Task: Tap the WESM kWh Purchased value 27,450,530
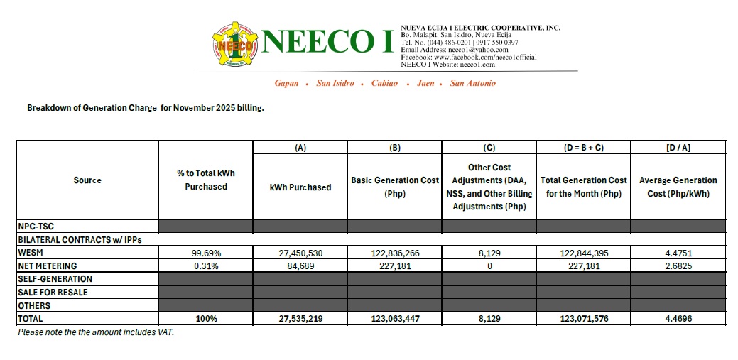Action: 300,253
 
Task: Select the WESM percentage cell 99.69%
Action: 206,253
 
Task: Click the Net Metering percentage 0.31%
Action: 206,266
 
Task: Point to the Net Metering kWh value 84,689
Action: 300,266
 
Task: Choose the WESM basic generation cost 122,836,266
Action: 395,253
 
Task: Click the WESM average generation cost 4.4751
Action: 678,253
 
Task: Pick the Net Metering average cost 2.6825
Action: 678,266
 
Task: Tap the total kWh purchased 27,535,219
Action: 300,320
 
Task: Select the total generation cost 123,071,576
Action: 583,320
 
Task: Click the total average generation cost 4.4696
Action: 678,320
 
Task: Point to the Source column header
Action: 87,180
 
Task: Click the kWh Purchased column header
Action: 300,187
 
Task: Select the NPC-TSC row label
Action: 37,226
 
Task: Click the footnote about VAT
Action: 95,332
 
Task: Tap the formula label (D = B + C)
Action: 583,148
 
